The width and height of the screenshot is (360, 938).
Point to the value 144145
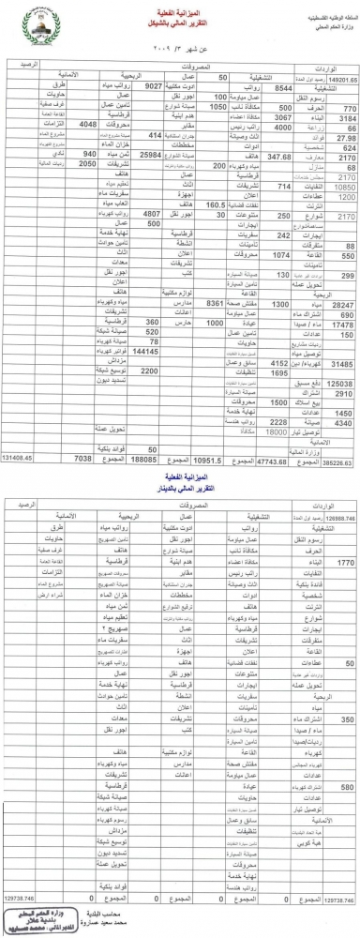pyautogui.click(x=145, y=351)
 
